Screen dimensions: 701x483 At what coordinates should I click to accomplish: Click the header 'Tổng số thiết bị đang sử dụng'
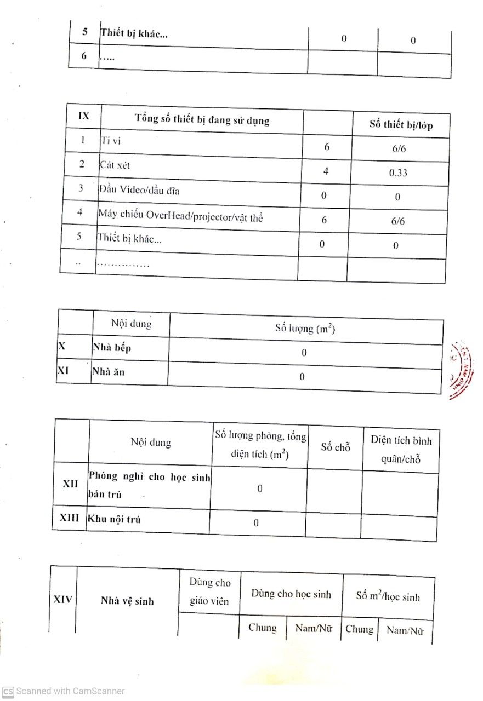click(x=202, y=119)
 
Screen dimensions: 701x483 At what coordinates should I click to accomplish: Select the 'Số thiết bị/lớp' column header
click(x=401, y=125)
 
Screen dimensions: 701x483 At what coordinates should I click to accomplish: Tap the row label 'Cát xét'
click(x=115, y=165)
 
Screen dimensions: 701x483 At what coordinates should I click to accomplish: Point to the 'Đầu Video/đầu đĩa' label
click(x=139, y=190)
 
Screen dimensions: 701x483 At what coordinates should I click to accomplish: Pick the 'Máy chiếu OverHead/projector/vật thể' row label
click(x=180, y=216)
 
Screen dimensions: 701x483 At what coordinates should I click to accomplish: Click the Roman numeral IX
click(x=83, y=116)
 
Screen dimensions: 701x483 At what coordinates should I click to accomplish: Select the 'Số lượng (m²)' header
click(x=305, y=329)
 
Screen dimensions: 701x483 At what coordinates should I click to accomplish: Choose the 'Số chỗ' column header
click(x=335, y=447)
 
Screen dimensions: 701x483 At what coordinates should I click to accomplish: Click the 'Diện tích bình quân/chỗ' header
click(x=401, y=450)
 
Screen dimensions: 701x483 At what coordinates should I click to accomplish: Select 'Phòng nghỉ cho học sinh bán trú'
click(x=149, y=485)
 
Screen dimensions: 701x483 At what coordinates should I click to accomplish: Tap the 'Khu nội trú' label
click(x=114, y=519)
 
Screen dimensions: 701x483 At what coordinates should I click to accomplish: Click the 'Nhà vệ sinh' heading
click(x=127, y=601)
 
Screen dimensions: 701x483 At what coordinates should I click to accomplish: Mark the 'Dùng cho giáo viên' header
click(x=210, y=592)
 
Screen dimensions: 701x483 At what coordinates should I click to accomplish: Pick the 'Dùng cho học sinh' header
click(x=291, y=594)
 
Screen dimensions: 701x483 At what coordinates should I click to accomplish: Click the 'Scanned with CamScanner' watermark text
click(x=70, y=691)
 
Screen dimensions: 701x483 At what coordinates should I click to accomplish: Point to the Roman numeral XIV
click(x=63, y=599)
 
